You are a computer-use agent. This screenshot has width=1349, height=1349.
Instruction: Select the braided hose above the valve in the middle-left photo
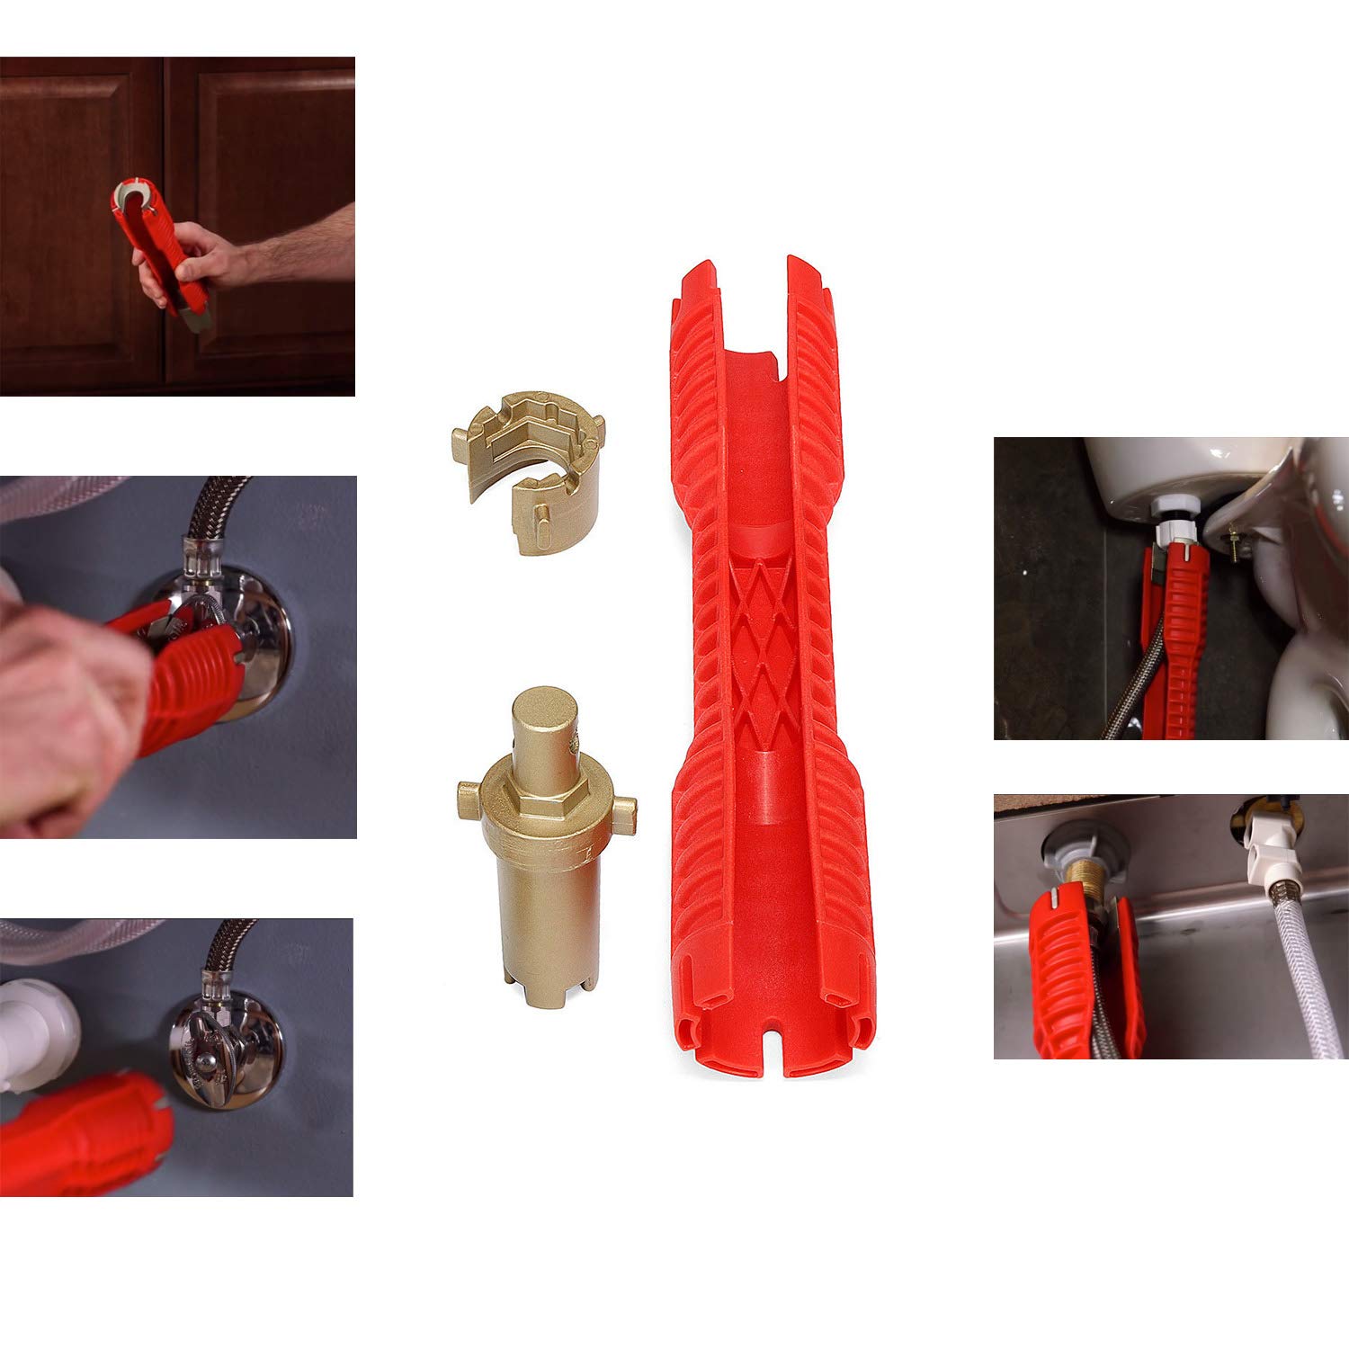(216, 508)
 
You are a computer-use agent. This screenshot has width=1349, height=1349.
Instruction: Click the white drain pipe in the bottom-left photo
(36, 1034)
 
